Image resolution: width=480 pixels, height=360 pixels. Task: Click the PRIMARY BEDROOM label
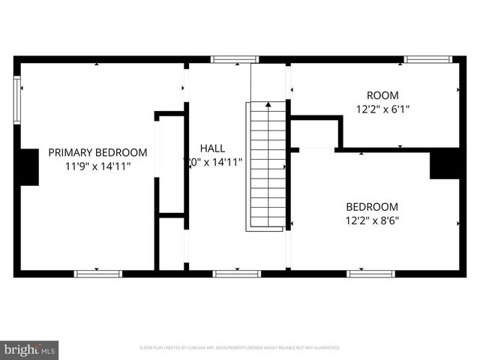click(97, 152)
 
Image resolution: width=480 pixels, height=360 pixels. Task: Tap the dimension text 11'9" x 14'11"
click(97, 166)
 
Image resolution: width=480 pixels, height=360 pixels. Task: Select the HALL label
click(213, 148)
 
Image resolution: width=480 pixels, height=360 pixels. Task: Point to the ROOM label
click(382, 95)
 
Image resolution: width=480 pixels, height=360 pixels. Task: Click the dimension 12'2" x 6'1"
click(382, 109)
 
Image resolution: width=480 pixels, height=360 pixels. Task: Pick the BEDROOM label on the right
click(372, 207)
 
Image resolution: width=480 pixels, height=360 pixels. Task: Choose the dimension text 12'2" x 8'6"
click(372, 220)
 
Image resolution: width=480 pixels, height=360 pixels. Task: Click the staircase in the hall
click(268, 165)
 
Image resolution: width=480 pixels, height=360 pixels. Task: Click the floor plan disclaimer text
click(240, 348)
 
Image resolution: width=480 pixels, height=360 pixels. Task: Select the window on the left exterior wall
click(17, 100)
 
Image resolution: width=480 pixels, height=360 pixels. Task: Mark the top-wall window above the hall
click(234, 59)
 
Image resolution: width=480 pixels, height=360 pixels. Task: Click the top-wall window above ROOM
click(427, 59)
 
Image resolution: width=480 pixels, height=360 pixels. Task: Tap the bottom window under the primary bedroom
click(97, 274)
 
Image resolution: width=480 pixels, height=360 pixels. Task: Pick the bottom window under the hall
click(237, 274)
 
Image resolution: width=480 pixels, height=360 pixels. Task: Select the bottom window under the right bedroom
click(370, 274)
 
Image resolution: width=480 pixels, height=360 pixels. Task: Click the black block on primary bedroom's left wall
click(28, 166)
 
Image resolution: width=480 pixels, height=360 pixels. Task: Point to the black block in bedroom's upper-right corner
click(445, 164)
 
